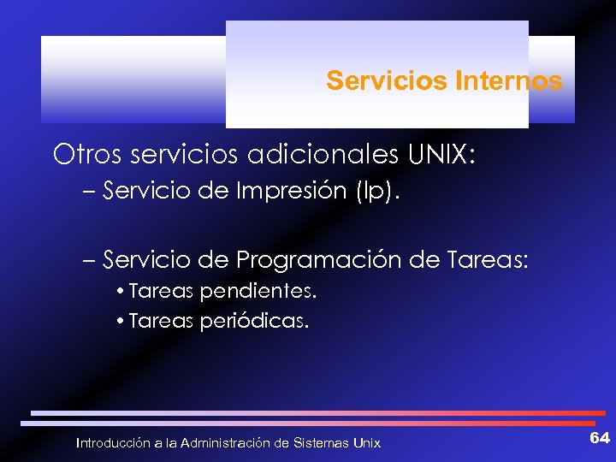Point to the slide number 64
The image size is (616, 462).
point(600,438)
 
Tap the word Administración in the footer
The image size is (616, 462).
point(225,443)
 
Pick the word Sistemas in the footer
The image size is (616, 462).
point(321,443)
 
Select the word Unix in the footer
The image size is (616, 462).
point(367,443)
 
